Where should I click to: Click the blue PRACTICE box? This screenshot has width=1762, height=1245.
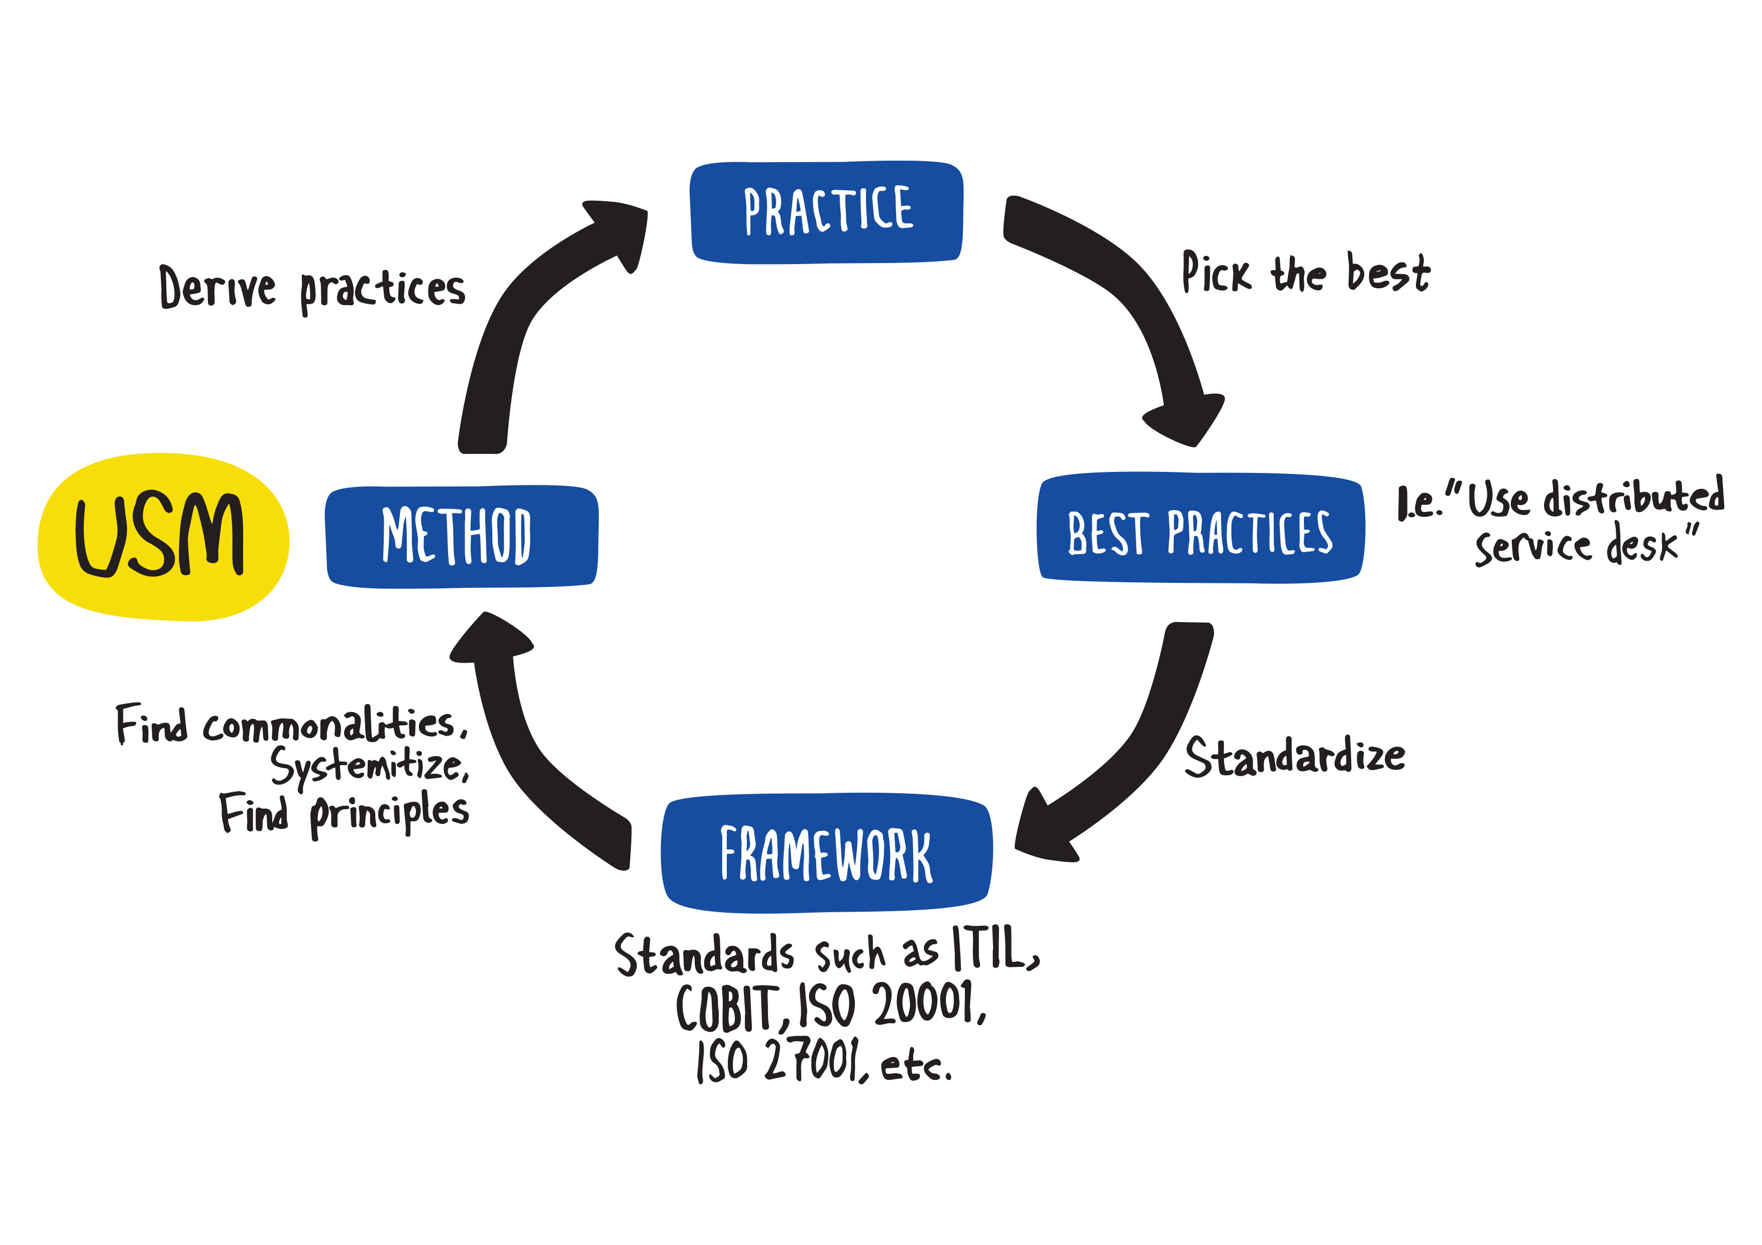point(827,212)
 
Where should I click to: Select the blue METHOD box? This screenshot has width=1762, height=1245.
point(461,536)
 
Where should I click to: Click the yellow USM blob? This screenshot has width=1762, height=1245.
point(163,536)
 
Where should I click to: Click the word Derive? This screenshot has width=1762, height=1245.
point(217,288)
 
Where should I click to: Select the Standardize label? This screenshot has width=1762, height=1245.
point(1295,757)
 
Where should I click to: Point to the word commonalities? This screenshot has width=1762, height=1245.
point(330,724)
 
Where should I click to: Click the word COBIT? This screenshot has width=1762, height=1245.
point(729,1007)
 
